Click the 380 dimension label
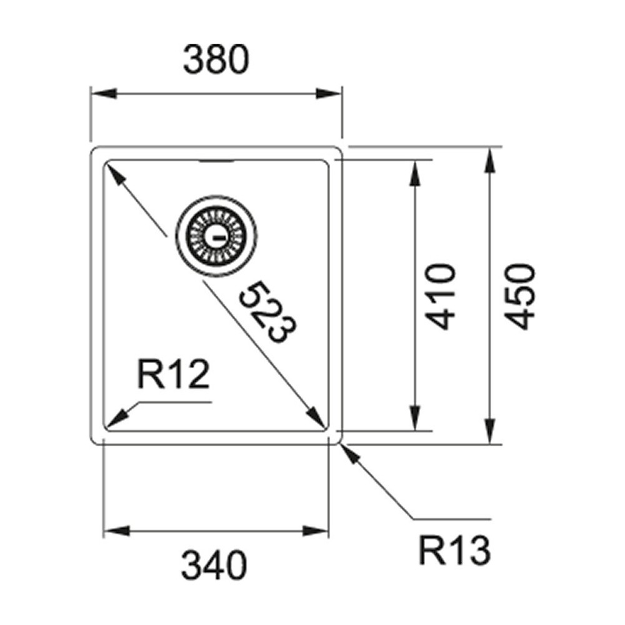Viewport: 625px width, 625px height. [216, 61]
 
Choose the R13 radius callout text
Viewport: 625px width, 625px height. [454, 552]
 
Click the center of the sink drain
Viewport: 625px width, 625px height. [216, 237]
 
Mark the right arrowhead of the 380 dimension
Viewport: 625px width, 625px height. [331, 94]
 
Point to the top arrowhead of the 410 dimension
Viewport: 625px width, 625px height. [414, 172]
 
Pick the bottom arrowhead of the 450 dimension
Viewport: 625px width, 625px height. [491, 432]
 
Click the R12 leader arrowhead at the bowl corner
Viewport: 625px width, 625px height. [114, 419]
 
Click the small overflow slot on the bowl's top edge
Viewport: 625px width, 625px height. [216, 161]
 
